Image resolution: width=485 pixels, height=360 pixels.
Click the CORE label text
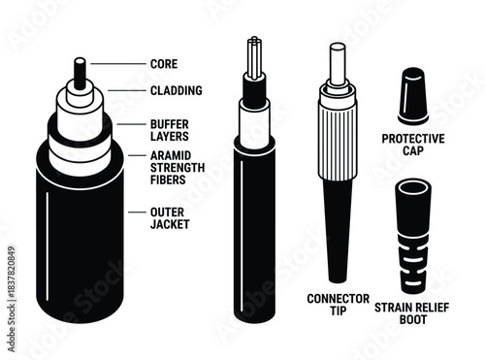point(164,64)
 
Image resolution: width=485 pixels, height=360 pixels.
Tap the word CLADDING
point(177,91)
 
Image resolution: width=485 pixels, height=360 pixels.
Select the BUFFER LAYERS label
point(170,130)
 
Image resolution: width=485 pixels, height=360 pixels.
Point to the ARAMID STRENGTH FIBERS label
point(177,168)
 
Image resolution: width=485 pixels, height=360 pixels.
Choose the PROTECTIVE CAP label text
point(413,146)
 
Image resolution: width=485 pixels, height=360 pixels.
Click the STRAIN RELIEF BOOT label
point(412,310)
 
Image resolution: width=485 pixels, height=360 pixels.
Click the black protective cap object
point(412,96)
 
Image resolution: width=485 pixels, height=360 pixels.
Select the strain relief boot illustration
point(412,232)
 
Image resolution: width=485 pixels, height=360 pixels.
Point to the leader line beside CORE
point(116,64)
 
